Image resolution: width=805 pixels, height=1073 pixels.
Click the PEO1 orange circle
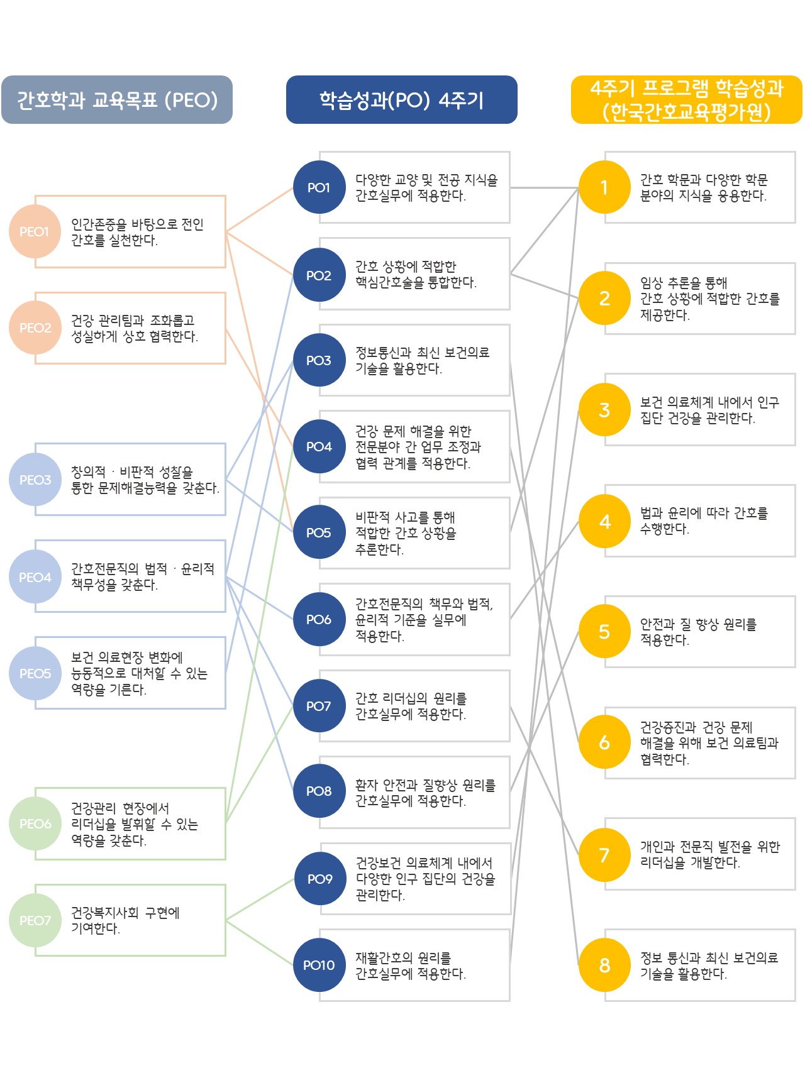tap(35, 231)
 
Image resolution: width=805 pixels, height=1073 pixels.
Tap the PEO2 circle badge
tap(35, 327)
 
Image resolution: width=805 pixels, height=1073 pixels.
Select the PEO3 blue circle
tap(35, 480)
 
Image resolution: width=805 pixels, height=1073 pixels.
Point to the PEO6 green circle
tap(35, 823)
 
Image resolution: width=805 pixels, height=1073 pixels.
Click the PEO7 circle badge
tap(35, 920)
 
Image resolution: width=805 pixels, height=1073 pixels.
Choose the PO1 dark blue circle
tap(319, 187)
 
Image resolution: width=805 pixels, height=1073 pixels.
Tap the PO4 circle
tap(319, 446)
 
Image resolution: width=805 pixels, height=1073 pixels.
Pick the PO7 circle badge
tap(319, 706)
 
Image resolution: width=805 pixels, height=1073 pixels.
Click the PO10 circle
tap(319, 965)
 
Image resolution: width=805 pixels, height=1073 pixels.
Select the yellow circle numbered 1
tap(604, 187)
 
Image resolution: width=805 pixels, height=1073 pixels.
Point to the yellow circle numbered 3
tap(604, 410)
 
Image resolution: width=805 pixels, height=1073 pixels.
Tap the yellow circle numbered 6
tap(604, 742)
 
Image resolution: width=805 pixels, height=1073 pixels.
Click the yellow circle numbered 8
tap(604, 965)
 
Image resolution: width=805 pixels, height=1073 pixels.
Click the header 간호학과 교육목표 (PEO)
tap(117, 100)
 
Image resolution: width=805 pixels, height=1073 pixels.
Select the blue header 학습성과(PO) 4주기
tap(401, 100)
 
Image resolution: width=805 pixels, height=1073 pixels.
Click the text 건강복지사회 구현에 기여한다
tap(125, 920)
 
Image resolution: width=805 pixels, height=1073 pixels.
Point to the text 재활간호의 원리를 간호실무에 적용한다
tap(410, 966)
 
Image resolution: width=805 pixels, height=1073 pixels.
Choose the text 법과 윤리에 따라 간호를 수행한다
tap(704, 520)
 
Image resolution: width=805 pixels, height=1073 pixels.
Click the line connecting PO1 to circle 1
tap(544, 187)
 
